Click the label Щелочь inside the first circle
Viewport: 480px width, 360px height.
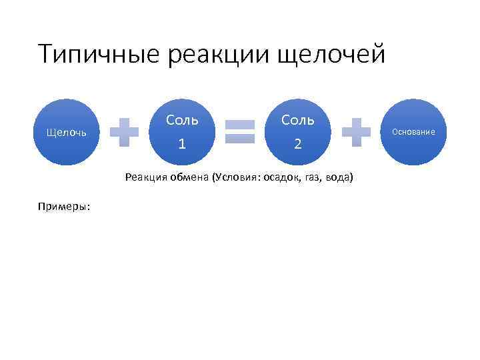(66, 132)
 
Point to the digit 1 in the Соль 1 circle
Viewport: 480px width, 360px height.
(182, 143)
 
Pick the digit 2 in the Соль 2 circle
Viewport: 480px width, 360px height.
(298, 143)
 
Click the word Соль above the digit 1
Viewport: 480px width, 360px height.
(182, 120)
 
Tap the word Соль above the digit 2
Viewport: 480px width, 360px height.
(298, 120)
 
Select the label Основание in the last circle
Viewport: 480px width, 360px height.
(413, 132)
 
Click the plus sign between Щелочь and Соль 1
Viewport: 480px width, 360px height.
(124, 132)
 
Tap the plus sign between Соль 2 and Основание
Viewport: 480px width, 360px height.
(356, 132)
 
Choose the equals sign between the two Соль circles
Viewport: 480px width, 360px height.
(240, 132)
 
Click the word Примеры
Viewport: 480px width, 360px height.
(65, 206)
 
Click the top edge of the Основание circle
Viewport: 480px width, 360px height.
(413, 100)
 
